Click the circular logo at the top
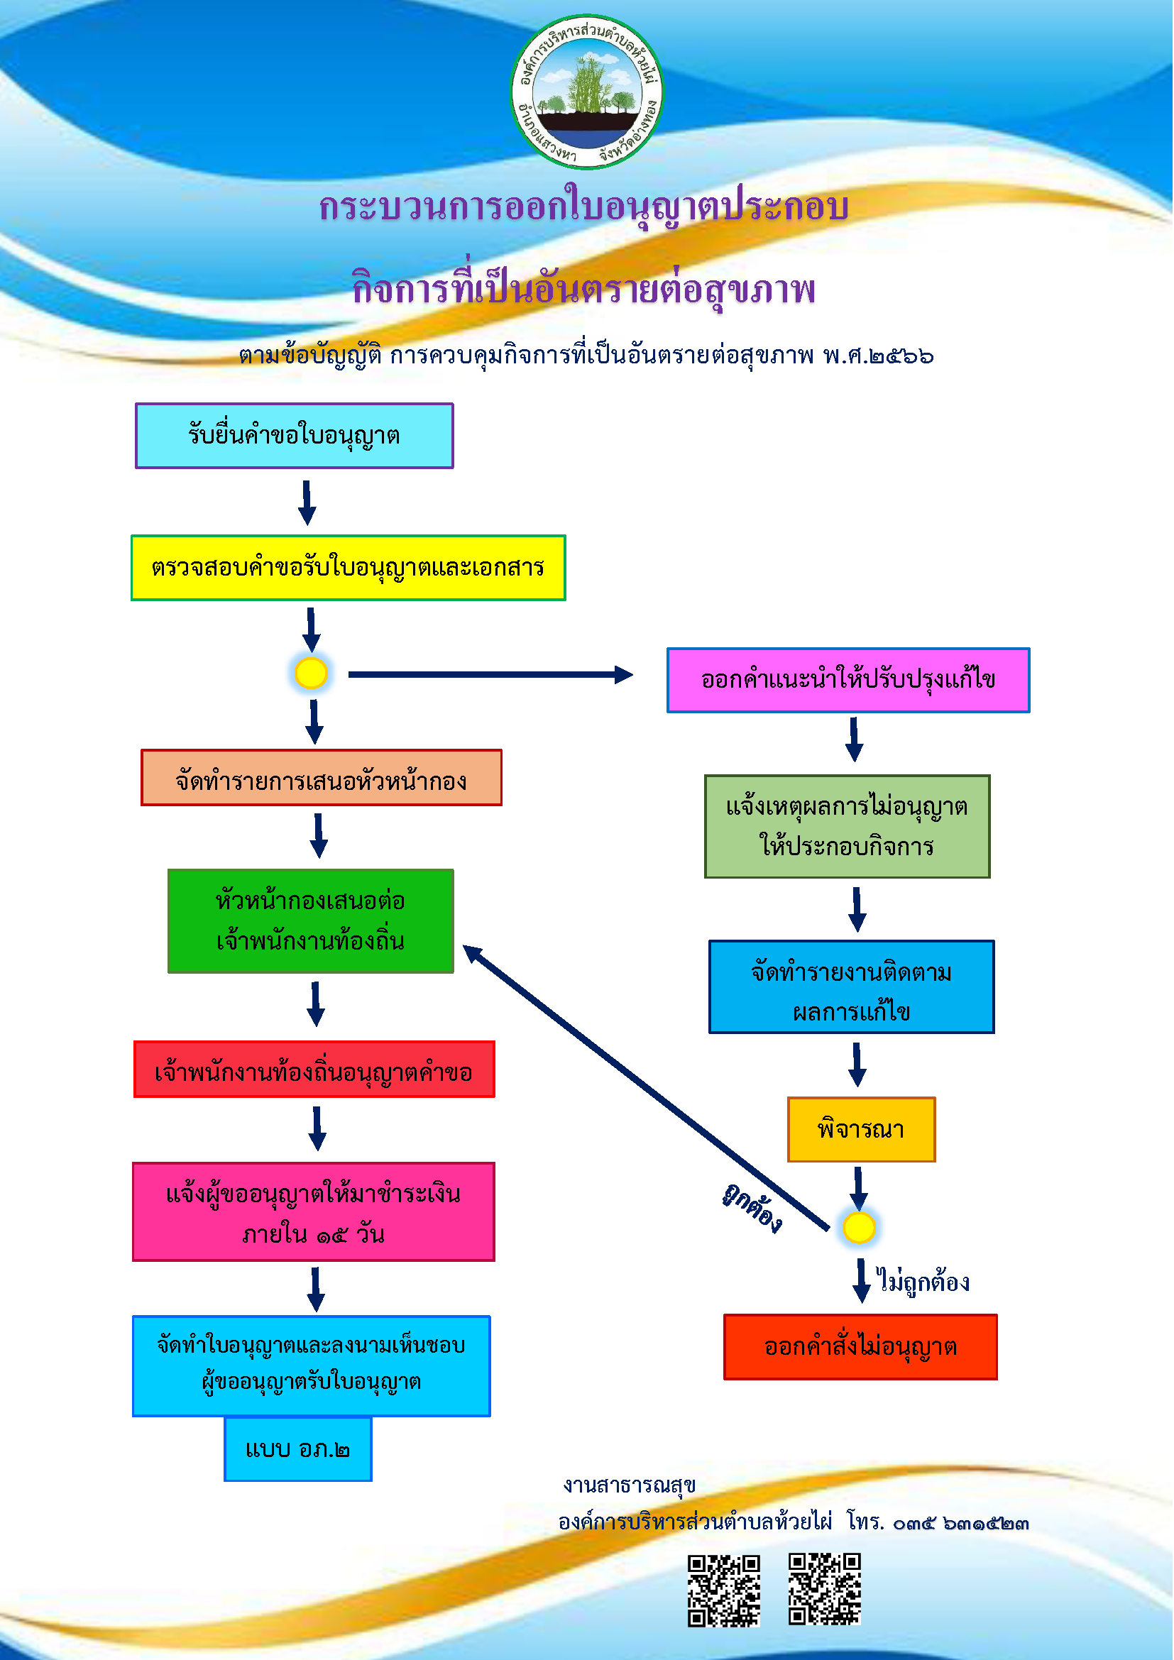click(586, 92)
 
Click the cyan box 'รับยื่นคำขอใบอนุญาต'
click(295, 436)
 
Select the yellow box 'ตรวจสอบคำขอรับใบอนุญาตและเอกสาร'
click(348, 568)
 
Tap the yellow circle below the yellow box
click(312, 673)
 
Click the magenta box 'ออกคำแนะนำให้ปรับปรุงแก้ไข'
click(848, 681)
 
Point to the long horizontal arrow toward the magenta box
click(491, 674)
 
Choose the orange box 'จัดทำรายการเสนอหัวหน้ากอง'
click(321, 778)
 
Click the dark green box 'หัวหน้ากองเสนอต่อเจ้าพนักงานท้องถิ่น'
click(311, 921)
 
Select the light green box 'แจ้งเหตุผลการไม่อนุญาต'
click(847, 826)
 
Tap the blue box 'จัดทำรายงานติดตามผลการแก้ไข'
click(852, 987)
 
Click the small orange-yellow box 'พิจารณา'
click(861, 1129)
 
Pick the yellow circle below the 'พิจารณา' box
click(859, 1228)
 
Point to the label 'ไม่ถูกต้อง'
click(923, 1282)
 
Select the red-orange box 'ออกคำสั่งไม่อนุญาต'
click(860, 1347)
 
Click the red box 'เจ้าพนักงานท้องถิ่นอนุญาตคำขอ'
click(314, 1070)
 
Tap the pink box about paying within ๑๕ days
click(314, 1211)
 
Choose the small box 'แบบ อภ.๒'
click(298, 1449)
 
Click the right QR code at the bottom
click(825, 1589)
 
